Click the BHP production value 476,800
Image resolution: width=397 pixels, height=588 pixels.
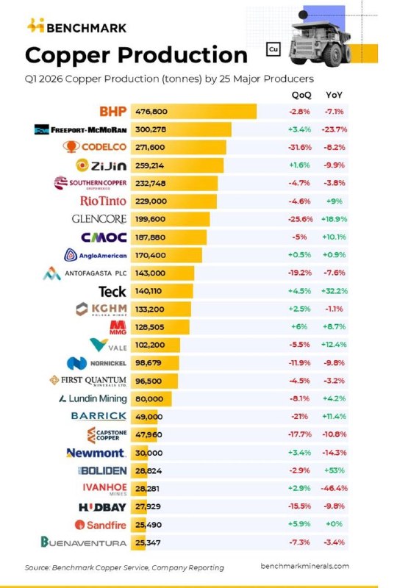tap(151, 112)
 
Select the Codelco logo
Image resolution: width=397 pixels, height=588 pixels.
tap(95, 146)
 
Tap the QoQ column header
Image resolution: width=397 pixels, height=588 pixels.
tap(301, 95)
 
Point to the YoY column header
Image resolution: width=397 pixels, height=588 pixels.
tap(334, 95)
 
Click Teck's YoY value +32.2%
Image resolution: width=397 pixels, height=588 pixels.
tap(335, 291)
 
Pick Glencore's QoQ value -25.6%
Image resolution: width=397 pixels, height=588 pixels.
tap(300, 219)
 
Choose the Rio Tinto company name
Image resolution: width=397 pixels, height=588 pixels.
tap(103, 201)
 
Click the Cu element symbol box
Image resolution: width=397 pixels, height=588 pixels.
tap(273, 49)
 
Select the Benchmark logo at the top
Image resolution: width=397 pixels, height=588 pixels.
tap(77, 26)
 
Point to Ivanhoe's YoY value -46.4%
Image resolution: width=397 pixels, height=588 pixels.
tap(334, 488)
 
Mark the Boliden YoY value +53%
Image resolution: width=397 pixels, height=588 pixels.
tap(334, 470)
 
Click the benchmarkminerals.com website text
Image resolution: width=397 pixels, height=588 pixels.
tap(304, 566)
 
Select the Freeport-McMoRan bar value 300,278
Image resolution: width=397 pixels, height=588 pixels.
tap(151, 129)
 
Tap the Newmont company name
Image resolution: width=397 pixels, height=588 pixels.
tap(96, 453)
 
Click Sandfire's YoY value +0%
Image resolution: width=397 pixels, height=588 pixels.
tap(334, 524)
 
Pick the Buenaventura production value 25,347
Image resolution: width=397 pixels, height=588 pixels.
tap(148, 542)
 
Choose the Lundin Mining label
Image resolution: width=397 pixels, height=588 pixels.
tap(93, 398)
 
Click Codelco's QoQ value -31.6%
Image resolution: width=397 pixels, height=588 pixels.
tap(300, 148)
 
